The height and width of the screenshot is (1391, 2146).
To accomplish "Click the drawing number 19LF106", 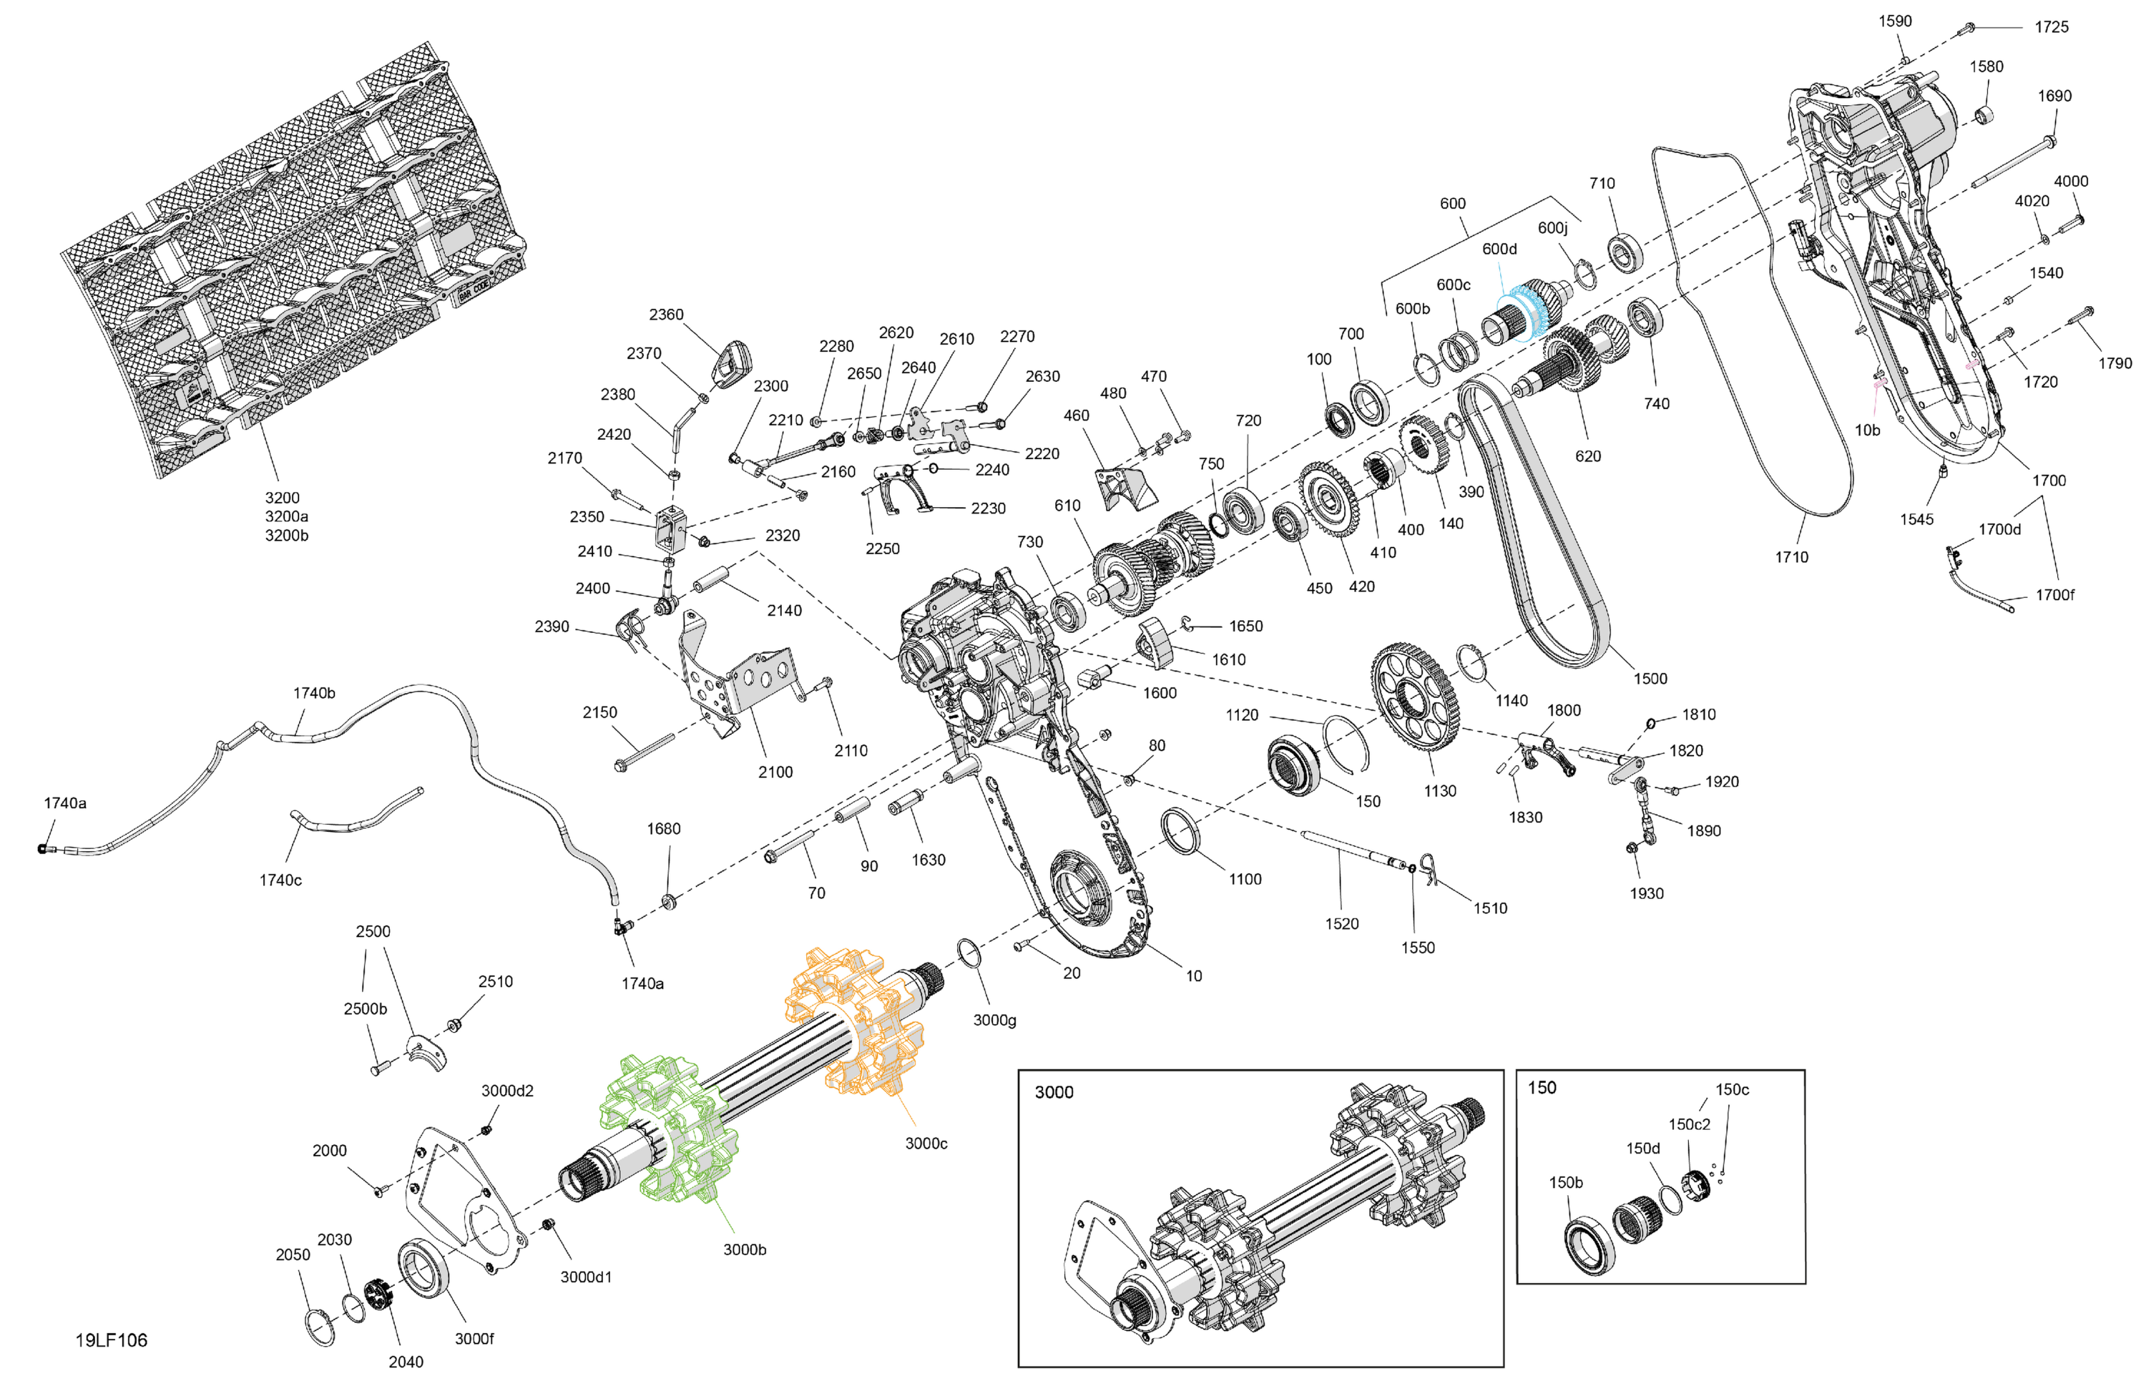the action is (x=111, y=1340).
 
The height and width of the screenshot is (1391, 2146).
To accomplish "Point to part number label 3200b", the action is (x=287, y=536).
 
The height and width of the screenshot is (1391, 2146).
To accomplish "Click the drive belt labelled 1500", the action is (x=1533, y=523).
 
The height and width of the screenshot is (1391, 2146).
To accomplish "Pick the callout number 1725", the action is (x=2052, y=27).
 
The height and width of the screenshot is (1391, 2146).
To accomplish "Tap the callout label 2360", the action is (x=667, y=315).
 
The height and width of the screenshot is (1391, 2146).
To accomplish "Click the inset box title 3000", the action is (x=1054, y=1093).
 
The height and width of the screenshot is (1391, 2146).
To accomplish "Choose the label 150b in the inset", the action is (x=1565, y=1183).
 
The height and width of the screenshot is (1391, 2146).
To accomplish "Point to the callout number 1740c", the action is (x=280, y=880).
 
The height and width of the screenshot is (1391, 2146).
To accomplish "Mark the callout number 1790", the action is (x=2115, y=363).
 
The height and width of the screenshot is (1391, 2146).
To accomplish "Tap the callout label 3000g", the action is (x=994, y=1021).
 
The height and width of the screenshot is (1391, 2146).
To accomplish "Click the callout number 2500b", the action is (x=366, y=1009).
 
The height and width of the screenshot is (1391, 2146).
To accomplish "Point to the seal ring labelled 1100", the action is (x=1180, y=830).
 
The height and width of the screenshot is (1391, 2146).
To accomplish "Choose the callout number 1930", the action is (x=1647, y=893).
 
